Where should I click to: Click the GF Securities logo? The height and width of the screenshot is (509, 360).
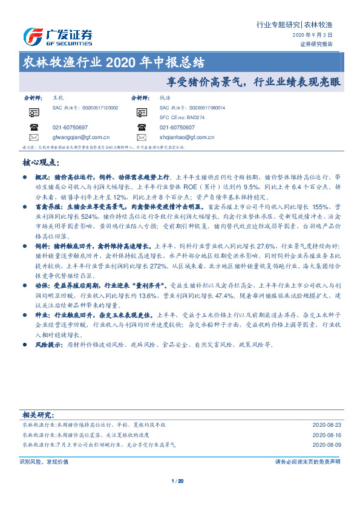pyautogui.click(x=57, y=36)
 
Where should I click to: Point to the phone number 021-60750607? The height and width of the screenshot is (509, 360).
pyautogui.click(x=177, y=128)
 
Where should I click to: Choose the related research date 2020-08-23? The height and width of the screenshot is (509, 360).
pyautogui.click(x=327, y=425)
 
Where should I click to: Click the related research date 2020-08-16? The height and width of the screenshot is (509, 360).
pyautogui.click(x=327, y=435)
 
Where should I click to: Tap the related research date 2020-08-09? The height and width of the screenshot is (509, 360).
pyautogui.click(x=327, y=444)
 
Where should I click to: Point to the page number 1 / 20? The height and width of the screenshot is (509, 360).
pyautogui.click(x=178, y=481)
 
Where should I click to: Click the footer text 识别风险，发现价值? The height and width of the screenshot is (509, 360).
pyautogui.click(x=44, y=461)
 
